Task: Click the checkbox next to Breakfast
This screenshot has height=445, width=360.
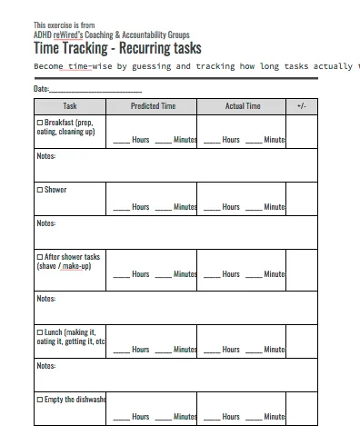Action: point(39,123)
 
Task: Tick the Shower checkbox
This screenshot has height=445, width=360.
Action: point(39,190)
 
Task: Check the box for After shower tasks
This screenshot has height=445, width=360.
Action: point(39,257)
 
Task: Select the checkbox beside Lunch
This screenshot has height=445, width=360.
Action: point(39,332)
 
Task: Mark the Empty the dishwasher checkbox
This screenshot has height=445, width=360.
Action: point(39,400)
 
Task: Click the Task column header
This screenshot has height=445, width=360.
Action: point(70,106)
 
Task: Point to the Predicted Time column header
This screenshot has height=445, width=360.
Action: point(153,106)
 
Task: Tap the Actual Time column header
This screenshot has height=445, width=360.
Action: point(243,106)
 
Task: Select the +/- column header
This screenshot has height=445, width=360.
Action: point(302,106)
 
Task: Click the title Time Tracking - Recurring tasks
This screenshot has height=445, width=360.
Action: point(117,48)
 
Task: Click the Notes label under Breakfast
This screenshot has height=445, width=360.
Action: point(45,156)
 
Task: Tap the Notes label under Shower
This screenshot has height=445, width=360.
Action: point(45,223)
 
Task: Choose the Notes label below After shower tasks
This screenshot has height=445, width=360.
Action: point(45,299)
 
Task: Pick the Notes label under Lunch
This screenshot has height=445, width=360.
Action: point(45,366)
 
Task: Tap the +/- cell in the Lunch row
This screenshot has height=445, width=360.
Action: point(302,341)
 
